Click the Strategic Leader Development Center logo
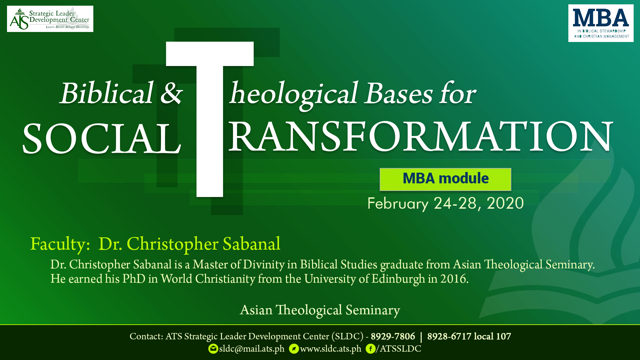50,19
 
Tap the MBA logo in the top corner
601,23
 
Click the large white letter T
210,119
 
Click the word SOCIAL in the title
102,139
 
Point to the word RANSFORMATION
421,137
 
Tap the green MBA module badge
445,179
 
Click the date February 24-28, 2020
446,203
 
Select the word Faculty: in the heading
60,244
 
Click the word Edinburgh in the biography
398,279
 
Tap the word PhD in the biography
134,279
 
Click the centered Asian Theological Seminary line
320,310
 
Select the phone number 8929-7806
393,337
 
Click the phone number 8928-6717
449,337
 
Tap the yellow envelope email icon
213,349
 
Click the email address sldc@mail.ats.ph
252,349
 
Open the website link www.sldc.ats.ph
331,349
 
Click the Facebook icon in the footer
370,349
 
